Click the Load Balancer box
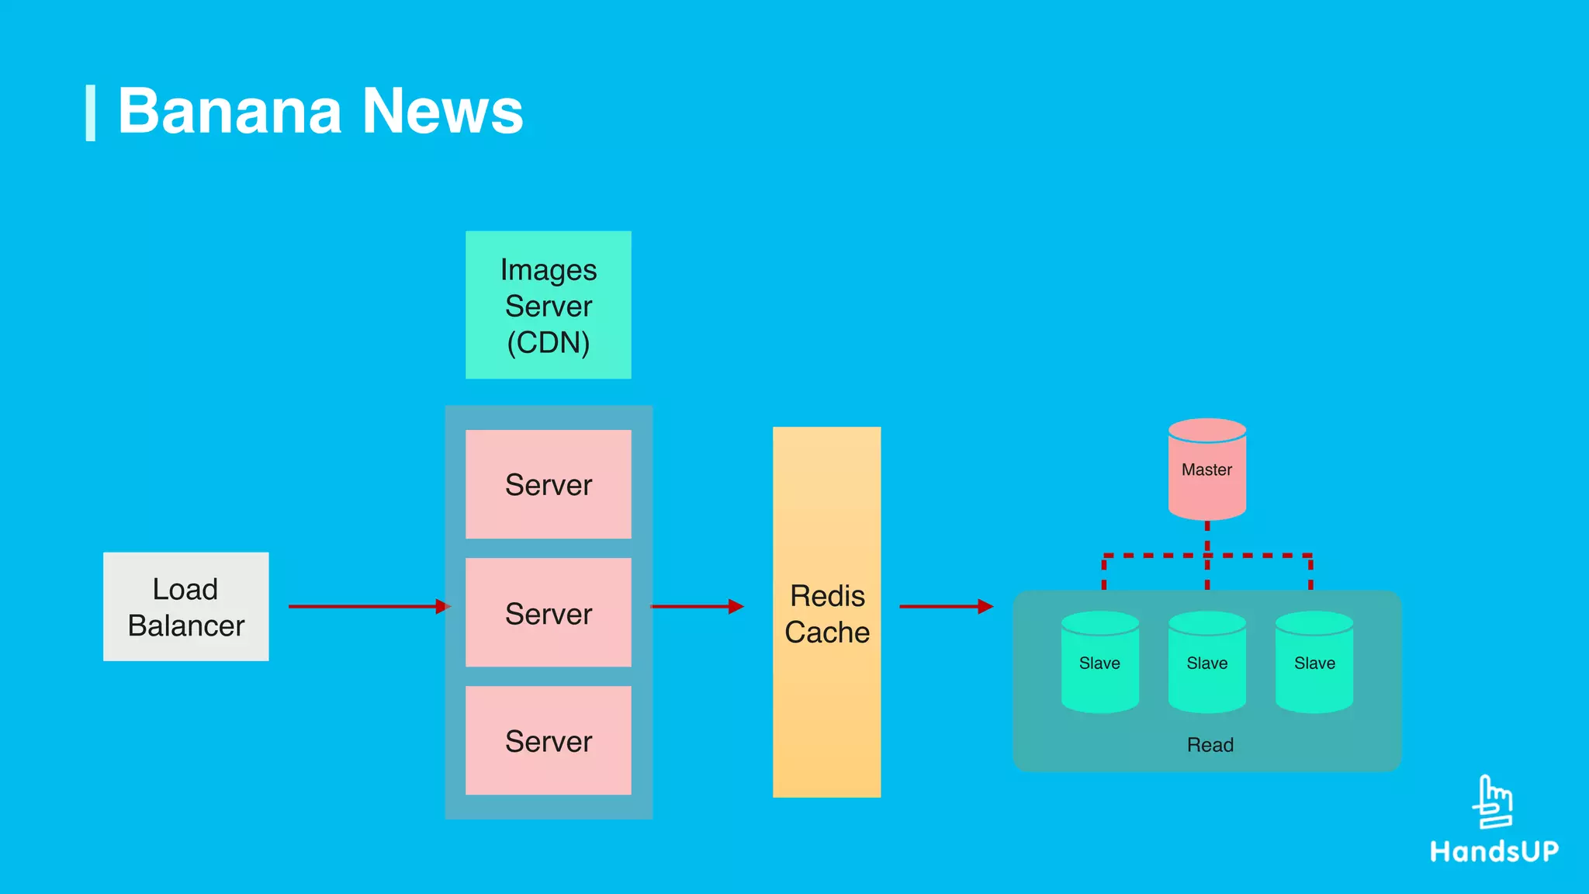coord(186,607)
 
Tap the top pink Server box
coord(549,484)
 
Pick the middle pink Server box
coord(549,612)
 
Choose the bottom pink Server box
coord(549,740)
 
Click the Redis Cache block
coord(826,612)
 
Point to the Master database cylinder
coord(1206,470)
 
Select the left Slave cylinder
coord(1099,663)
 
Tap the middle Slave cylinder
coord(1206,663)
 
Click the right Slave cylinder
coord(1314,663)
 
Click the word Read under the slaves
coord(1210,745)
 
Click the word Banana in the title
coord(229,111)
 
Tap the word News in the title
coord(443,111)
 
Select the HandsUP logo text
coord(1494,851)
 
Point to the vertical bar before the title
coord(90,113)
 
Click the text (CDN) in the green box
coord(549,343)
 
